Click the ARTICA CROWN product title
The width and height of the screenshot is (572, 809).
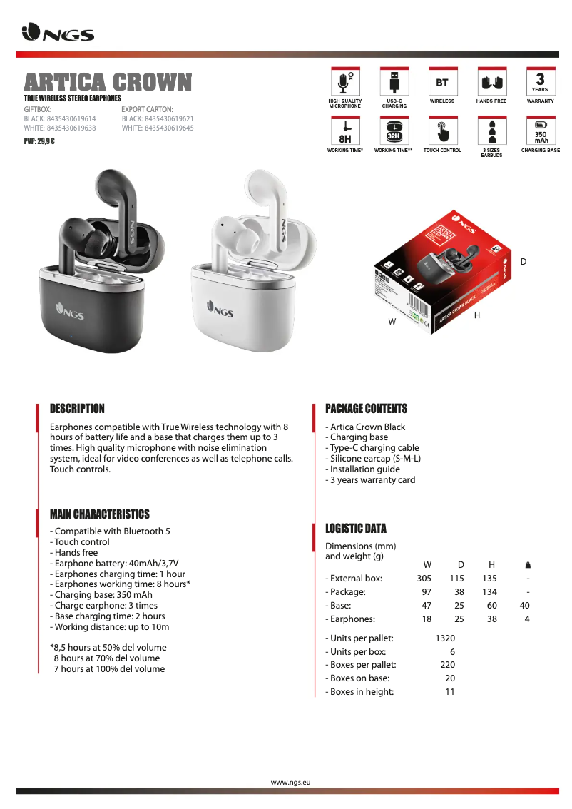(x=108, y=82)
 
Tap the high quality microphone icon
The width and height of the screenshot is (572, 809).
(x=345, y=81)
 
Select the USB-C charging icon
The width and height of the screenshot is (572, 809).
(x=394, y=81)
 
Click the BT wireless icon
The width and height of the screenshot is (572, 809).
(x=442, y=81)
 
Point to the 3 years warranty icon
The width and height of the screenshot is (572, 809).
(x=540, y=81)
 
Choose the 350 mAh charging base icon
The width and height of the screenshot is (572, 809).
(x=540, y=131)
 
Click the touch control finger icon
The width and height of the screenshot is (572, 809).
(x=442, y=131)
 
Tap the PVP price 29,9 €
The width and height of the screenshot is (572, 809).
(x=39, y=141)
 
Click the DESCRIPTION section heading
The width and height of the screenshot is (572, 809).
(x=77, y=409)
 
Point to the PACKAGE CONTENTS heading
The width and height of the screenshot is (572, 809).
(x=366, y=409)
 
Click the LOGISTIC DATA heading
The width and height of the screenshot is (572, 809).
(x=356, y=529)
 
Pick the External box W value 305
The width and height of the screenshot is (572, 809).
(x=424, y=579)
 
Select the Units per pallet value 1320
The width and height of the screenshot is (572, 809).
(x=445, y=638)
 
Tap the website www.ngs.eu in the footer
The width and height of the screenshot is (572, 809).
(x=291, y=783)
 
